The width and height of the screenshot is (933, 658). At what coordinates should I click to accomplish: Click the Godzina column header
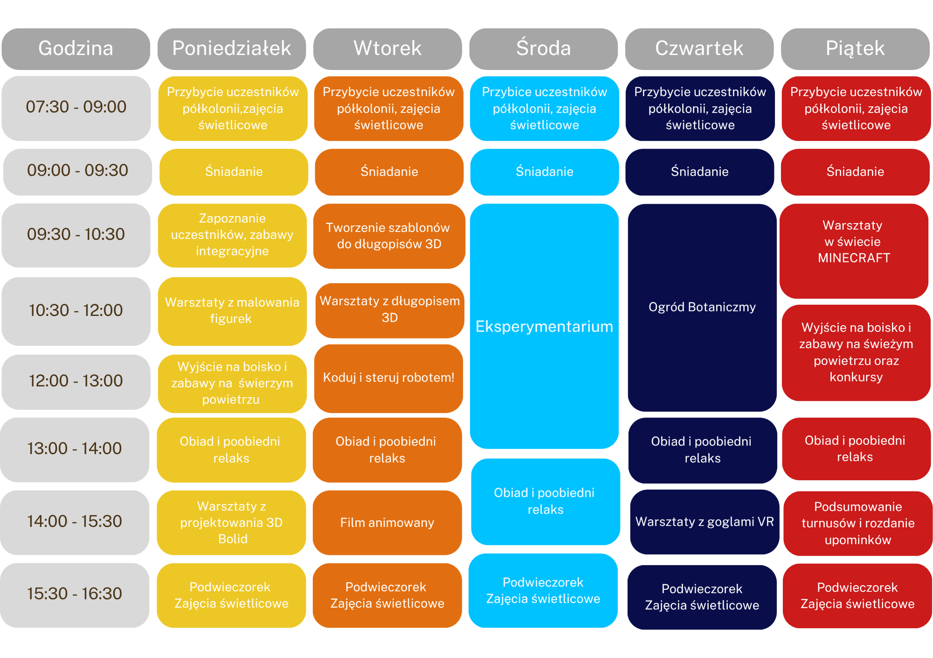click(x=76, y=49)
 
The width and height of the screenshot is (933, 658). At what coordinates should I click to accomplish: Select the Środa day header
click(x=543, y=49)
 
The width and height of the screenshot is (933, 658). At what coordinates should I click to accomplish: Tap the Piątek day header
click(x=855, y=49)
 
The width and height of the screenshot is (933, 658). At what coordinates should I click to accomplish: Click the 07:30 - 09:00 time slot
click(x=76, y=108)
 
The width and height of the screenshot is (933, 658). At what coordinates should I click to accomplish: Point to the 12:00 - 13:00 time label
click(x=76, y=382)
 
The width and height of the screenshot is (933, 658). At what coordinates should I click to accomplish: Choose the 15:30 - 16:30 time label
click(x=75, y=594)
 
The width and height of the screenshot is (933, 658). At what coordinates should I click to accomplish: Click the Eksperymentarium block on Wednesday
click(x=544, y=326)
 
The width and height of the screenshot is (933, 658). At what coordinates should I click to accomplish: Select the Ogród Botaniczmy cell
click(x=702, y=307)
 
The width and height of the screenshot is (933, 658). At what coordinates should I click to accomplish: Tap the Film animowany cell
click(x=387, y=522)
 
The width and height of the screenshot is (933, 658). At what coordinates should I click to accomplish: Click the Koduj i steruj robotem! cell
click(x=389, y=378)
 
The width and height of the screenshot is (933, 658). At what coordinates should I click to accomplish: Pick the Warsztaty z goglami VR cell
click(x=704, y=522)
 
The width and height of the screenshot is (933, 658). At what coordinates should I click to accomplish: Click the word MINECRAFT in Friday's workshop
click(x=854, y=258)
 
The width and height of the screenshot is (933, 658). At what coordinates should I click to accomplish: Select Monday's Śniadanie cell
click(x=234, y=172)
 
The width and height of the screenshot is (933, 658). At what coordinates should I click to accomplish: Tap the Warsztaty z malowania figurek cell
click(x=232, y=311)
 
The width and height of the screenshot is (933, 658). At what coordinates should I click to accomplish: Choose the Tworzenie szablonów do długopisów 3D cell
click(x=389, y=236)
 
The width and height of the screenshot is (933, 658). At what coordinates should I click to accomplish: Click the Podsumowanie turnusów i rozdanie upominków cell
click(x=858, y=523)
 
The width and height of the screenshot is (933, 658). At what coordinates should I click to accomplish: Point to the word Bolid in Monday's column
click(x=232, y=539)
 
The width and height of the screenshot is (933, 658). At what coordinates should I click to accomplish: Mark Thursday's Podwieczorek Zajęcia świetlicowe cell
click(x=702, y=597)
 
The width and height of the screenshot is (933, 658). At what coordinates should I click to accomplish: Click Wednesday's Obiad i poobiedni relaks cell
click(x=545, y=502)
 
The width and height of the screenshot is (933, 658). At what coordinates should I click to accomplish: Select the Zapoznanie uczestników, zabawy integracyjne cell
click(x=232, y=235)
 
